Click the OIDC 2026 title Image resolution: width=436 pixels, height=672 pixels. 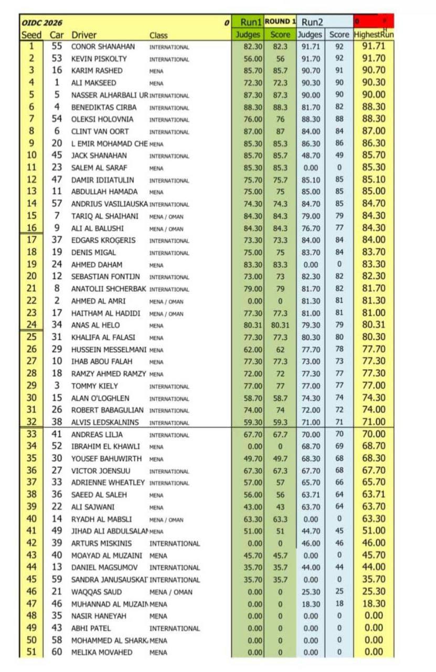coord(42,23)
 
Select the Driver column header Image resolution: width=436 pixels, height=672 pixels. coord(84,35)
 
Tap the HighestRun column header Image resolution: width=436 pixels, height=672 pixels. coord(374,35)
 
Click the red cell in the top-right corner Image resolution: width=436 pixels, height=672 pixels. coord(374,22)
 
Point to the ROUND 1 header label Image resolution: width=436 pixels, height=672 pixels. coord(280,22)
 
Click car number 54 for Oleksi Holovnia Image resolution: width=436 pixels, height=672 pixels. coord(57,119)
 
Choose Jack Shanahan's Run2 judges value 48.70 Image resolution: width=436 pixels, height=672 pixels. coord(310,156)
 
